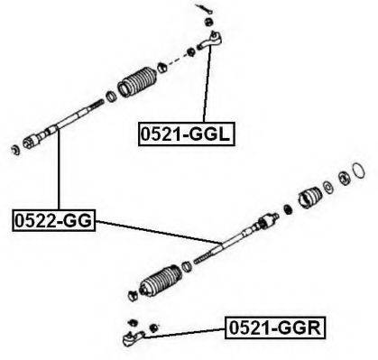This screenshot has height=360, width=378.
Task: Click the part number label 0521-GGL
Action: [186, 134]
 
